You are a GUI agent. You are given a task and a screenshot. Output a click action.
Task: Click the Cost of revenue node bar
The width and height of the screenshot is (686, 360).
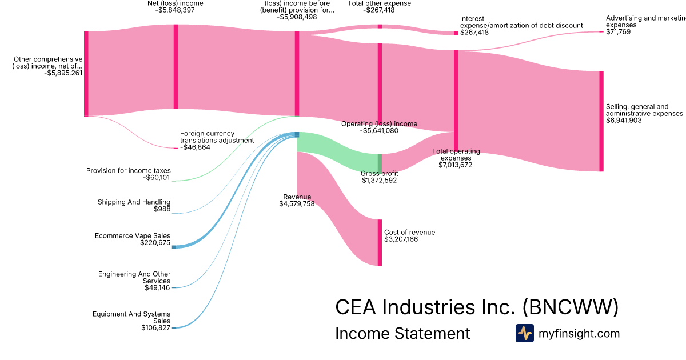pyautogui.click(x=379, y=242)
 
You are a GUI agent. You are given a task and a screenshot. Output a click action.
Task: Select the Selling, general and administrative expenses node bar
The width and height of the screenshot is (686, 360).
pyautogui.click(x=601, y=121)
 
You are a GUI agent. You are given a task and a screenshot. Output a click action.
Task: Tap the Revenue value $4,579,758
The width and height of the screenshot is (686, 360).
pyautogui.click(x=297, y=204)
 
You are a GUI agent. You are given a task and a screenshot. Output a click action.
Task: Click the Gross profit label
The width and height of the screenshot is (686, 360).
pyautogui.click(x=379, y=173)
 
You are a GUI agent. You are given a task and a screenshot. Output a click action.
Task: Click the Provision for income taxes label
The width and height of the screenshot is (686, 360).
pyautogui.click(x=128, y=170)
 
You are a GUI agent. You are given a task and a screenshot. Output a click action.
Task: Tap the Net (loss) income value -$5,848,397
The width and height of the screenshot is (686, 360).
pyautogui.click(x=175, y=10)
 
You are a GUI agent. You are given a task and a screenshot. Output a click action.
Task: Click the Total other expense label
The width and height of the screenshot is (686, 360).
pyautogui.click(x=378, y=3)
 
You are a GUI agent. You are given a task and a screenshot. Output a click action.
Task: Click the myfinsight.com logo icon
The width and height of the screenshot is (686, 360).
pyautogui.click(x=524, y=333)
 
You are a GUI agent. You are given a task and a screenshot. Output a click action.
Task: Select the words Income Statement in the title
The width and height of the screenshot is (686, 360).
pyautogui.click(x=402, y=333)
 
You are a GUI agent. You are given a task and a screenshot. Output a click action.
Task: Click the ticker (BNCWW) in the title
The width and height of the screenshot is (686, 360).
pyautogui.click(x=571, y=307)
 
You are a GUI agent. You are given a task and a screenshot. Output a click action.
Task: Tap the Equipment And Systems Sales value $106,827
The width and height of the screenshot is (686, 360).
pyautogui.click(x=155, y=328)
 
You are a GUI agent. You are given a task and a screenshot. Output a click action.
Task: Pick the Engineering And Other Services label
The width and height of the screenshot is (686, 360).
pyautogui.click(x=134, y=278)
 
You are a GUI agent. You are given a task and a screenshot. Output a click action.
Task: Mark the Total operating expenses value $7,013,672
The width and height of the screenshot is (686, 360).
pyautogui.click(x=455, y=165)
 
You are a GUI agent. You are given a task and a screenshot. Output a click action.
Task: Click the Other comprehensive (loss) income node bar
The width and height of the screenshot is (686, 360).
pyautogui.click(x=86, y=74)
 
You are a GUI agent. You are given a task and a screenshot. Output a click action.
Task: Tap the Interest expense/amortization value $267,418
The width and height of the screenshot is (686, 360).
pyautogui.click(x=474, y=33)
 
